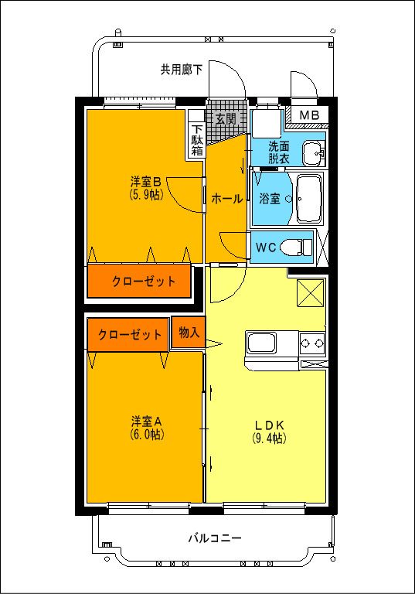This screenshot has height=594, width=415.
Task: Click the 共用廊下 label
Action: coord(182,70)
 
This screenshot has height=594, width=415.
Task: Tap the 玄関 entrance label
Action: coord(225,119)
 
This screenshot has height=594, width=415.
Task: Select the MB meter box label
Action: coord(308,116)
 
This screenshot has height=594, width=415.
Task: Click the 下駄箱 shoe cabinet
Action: coord(197,141)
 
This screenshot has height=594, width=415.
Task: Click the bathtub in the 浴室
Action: coord(309,198)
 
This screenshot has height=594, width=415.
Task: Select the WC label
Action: coord(266,248)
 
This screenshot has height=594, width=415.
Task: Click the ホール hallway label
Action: coord(227,199)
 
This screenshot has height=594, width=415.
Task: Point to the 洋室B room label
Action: coord(145,183)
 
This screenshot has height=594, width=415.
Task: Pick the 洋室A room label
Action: coord(145,422)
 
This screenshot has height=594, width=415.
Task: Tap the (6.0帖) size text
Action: coord(145,435)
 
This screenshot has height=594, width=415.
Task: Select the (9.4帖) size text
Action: coord(270,439)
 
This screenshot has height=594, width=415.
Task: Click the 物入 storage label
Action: coord(189,333)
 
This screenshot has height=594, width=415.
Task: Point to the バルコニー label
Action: coord(215,538)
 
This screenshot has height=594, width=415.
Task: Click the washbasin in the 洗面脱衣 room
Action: coord(313,152)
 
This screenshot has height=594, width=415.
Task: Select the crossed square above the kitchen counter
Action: coord(310,292)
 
